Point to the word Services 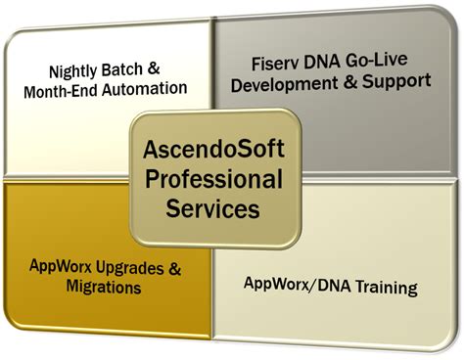pos(216,207)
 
